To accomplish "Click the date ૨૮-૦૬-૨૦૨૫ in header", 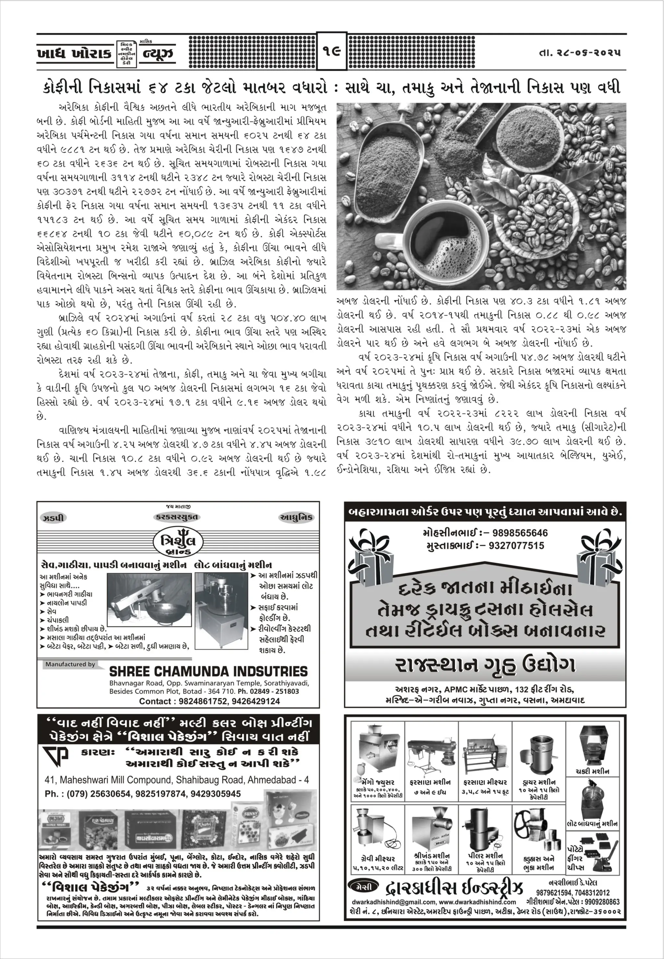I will (580, 53).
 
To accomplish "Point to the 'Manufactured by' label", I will (70, 665).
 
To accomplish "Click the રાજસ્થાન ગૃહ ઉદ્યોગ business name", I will (485, 665).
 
